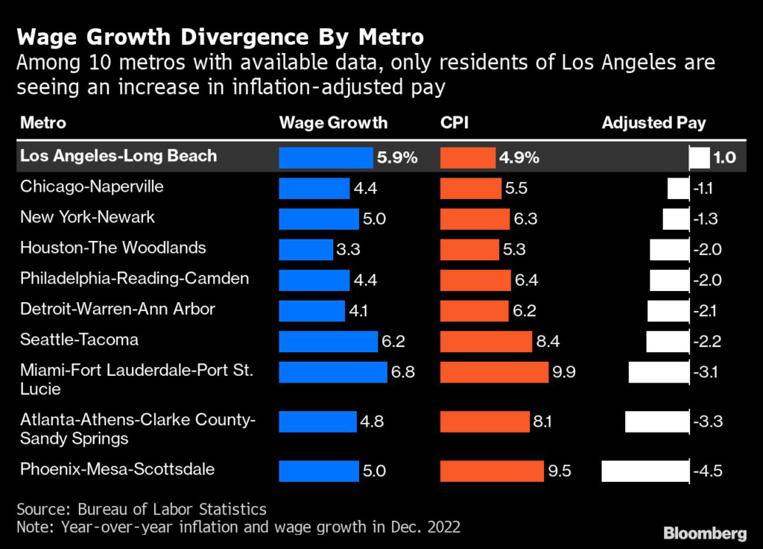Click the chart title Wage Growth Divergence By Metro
pyautogui.click(x=221, y=37)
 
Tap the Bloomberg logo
pyautogui.click(x=705, y=533)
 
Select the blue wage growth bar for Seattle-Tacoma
pyautogui.click(x=328, y=341)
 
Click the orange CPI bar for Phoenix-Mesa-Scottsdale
pyautogui.click(x=492, y=471)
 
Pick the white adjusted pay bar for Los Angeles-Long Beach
pyautogui.click(x=700, y=157)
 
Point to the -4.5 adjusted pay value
pyautogui.click(x=708, y=471)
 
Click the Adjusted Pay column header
pyautogui.click(x=653, y=123)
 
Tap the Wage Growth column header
pyautogui.click(x=333, y=123)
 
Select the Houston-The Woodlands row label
pyautogui.click(x=113, y=248)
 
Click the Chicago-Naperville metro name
pyautogui.click(x=91, y=186)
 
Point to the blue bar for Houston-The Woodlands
pyautogui.click(x=305, y=249)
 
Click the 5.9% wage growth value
pyautogui.click(x=398, y=157)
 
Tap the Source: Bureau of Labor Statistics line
pyautogui.click(x=142, y=509)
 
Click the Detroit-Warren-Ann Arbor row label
pyautogui.click(x=117, y=309)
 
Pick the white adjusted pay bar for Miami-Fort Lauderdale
pyautogui.click(x=659, y=371)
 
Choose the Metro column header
pyautogui.click(x=43, y=123)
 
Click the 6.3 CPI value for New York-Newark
pyautogui.click(x=525, y=219)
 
